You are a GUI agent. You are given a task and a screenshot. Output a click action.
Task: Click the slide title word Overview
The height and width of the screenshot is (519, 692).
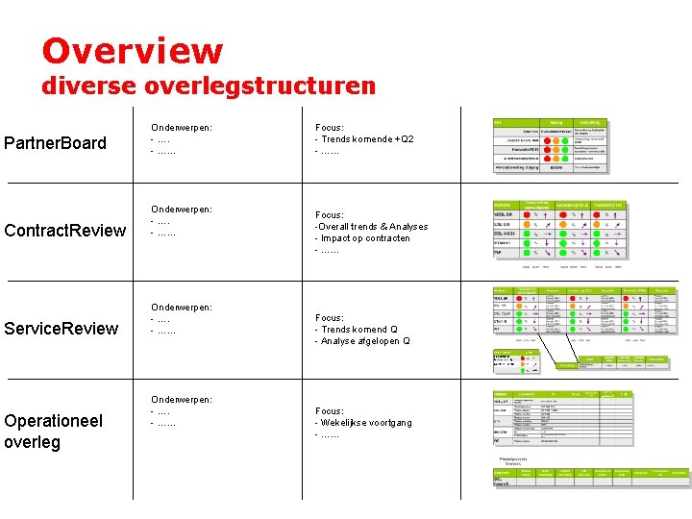(132, 51)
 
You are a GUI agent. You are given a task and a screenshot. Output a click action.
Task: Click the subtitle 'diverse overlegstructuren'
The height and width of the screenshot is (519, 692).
(208, 86)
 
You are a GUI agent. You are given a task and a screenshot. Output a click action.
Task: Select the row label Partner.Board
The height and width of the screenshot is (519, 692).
(56, 143)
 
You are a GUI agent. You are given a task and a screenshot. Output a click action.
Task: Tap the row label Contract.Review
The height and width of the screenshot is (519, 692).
(65, 230)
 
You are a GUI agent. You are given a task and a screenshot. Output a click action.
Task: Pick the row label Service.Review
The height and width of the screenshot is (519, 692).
(62, 329)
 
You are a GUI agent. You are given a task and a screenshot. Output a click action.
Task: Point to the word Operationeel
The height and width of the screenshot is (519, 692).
(54, 421)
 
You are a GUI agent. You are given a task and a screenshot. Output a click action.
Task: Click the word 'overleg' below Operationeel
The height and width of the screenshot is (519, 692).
(33, 442)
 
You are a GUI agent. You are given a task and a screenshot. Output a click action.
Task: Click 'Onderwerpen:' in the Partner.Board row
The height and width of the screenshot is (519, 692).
(182, 127)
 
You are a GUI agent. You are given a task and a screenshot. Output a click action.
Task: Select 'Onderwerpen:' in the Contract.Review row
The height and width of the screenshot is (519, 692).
(182, 209)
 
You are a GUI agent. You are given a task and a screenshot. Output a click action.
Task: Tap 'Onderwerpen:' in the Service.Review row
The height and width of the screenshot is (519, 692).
(182, 308)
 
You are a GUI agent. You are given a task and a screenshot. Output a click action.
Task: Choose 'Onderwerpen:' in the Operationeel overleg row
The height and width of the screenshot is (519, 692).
(182, 399)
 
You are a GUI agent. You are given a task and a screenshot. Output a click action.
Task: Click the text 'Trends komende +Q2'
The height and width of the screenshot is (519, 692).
(368, 139)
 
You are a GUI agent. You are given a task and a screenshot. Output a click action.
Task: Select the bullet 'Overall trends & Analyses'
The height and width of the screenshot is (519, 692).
(373, 227)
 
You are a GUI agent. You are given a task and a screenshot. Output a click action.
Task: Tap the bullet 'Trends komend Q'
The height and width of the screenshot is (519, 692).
(358, 330)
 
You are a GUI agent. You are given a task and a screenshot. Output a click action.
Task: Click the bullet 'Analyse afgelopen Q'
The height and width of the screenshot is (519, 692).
(365, 341)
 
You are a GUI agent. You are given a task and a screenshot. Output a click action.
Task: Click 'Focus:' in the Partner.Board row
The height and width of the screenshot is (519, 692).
(330, 127)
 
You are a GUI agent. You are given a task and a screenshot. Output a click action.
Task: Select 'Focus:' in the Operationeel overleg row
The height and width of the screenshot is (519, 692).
(330, 410)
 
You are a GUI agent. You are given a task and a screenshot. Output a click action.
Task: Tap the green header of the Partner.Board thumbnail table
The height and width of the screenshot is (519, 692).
(549, 123)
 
